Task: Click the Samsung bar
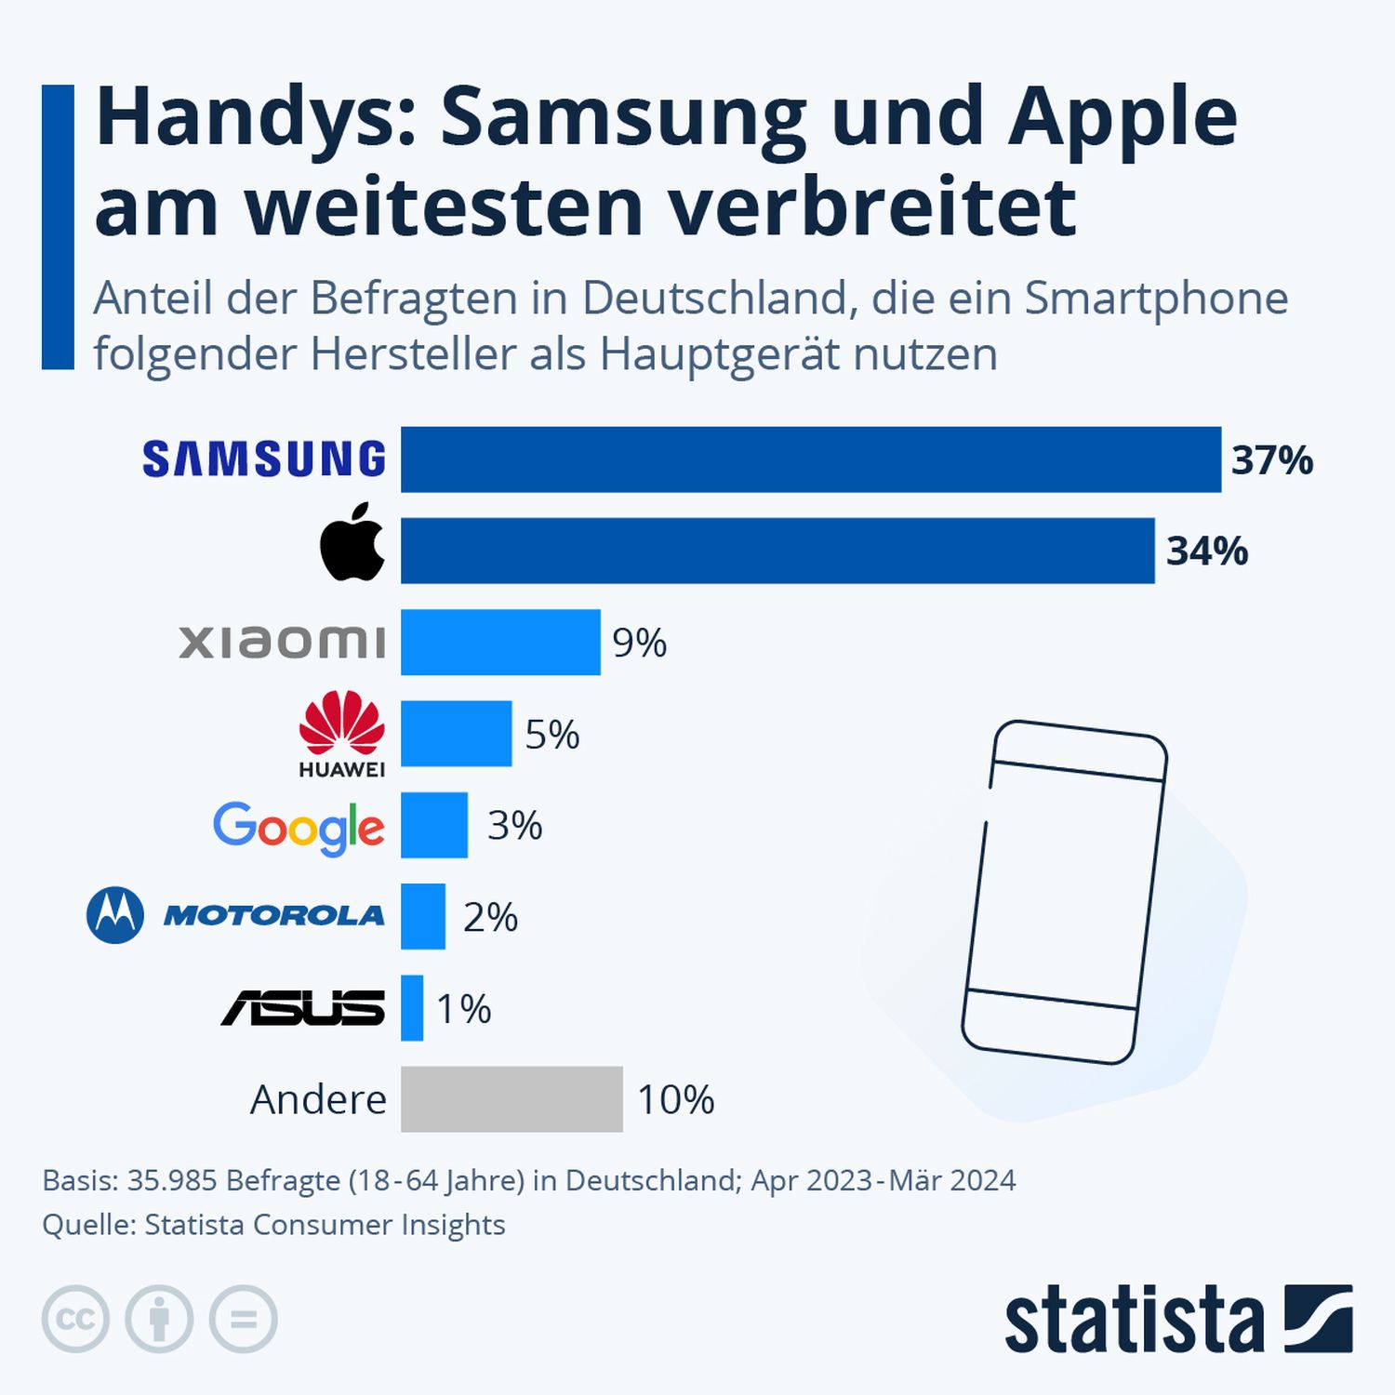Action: (810, 459)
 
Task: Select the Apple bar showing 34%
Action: (777, 551)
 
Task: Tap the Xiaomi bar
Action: (500, 642)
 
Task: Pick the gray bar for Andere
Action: (511, 1099)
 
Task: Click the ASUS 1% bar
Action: (412, 1008)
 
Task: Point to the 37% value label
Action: (1271, 460)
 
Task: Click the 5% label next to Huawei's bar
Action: (552, 735)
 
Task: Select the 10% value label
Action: (675, 1100)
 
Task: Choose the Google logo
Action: (299, 828)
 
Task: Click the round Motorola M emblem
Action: (115, 915)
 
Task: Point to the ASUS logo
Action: (303, 1008)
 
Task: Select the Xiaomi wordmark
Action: (282, 642)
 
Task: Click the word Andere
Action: (318, 1100)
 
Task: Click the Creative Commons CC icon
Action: (75, 1319)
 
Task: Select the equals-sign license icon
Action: (244, 1319)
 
